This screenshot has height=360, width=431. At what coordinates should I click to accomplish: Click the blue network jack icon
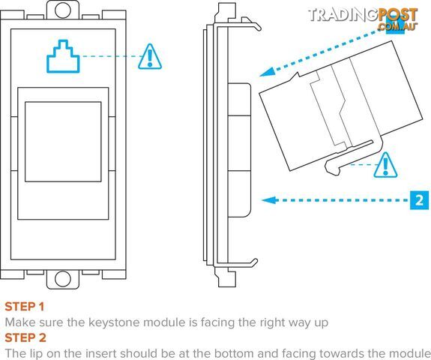coord(63,56)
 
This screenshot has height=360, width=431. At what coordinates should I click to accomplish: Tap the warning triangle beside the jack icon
coord(150,56)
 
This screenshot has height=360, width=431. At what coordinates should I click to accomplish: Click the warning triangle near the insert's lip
coord(385,165)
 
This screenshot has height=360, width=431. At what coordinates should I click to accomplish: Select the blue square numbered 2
coord(419,200)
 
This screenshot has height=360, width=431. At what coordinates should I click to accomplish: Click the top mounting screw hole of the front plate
coord(63,10)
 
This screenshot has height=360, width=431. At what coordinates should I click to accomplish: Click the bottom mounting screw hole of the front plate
coord(63,279)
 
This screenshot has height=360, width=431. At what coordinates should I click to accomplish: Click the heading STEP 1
coord(25,307)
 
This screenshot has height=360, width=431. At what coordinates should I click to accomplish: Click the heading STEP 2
coord(25,337)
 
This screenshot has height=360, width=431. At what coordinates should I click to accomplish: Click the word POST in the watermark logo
coord(398,15)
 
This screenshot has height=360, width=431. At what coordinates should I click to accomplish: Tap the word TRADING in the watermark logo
coord(343,15)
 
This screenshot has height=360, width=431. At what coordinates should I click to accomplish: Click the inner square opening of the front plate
coord(63,142)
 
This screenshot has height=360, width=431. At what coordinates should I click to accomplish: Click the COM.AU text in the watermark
coord(397,26)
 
